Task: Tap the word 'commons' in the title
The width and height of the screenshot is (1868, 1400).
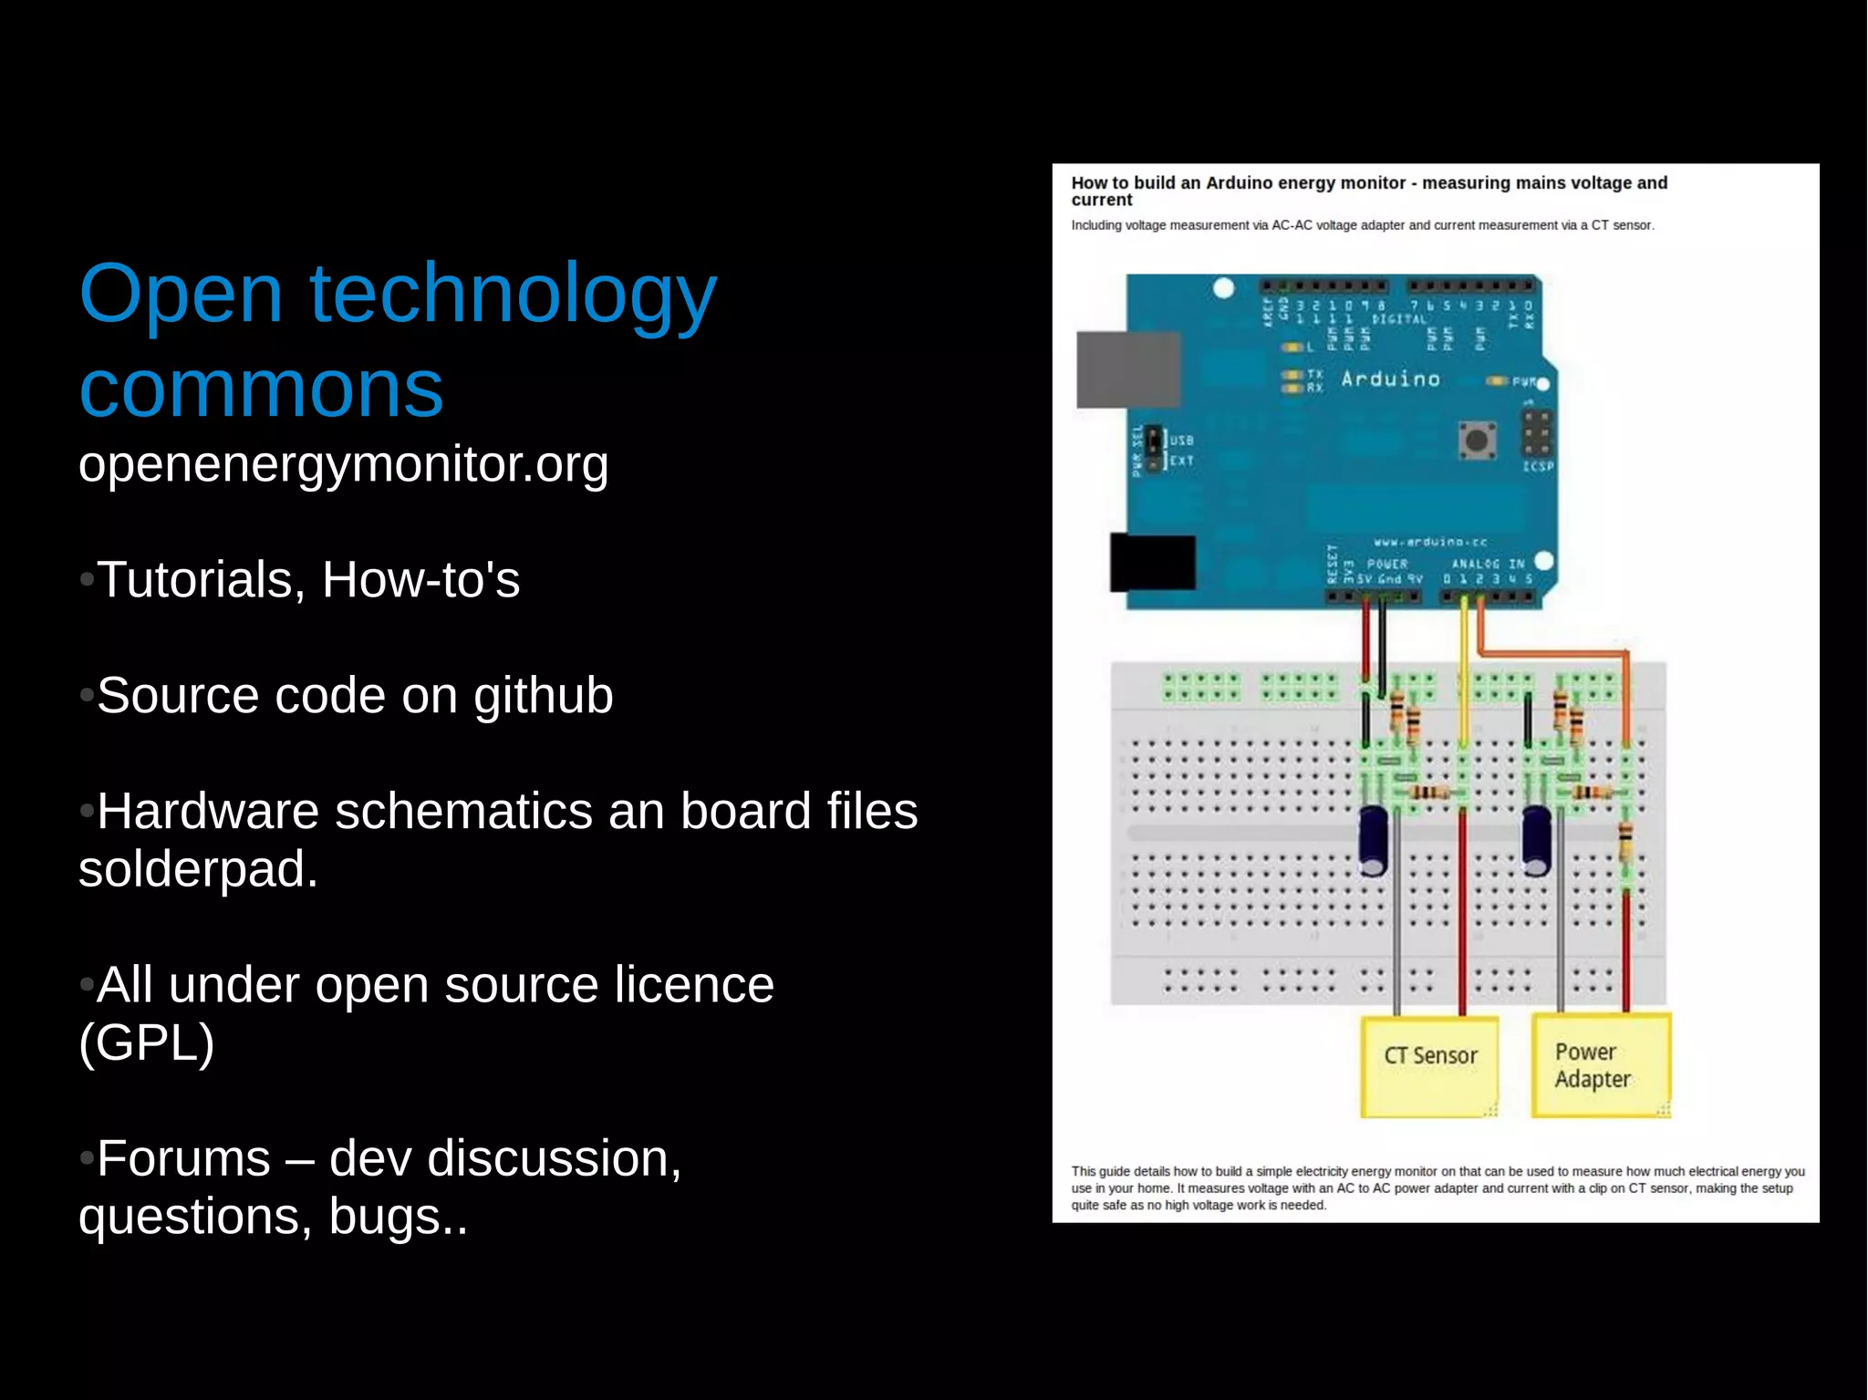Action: [261, 390]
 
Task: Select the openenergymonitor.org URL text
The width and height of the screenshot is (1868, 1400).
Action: [343, 464]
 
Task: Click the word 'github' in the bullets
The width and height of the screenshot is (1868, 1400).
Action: [543, 696]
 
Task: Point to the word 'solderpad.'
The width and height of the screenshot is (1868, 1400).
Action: [198, 869]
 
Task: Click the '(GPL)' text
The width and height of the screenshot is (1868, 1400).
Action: [146, 1042]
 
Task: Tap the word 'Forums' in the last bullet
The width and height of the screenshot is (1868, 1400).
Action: [183, 1159]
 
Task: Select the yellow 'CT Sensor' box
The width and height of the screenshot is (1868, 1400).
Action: [1429, 1065]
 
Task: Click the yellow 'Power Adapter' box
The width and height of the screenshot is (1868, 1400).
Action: [1600, 1065]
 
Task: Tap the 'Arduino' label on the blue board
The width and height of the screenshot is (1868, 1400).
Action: [1390, 379]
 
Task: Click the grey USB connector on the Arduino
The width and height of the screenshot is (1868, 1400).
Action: [1128, 369]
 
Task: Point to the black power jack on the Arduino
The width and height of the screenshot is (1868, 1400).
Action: [1152, 563]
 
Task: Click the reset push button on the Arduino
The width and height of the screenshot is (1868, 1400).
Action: [1476, 441]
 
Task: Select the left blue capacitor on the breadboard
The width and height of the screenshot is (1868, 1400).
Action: [1374, 839]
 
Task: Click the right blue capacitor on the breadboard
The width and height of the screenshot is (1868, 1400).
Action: [1536, 839]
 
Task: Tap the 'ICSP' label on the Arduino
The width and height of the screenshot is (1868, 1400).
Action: [1537, 466]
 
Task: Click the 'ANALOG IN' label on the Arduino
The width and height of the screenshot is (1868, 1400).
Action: [1487, 564]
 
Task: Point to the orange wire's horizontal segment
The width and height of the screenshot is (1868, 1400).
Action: [1551, 653]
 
